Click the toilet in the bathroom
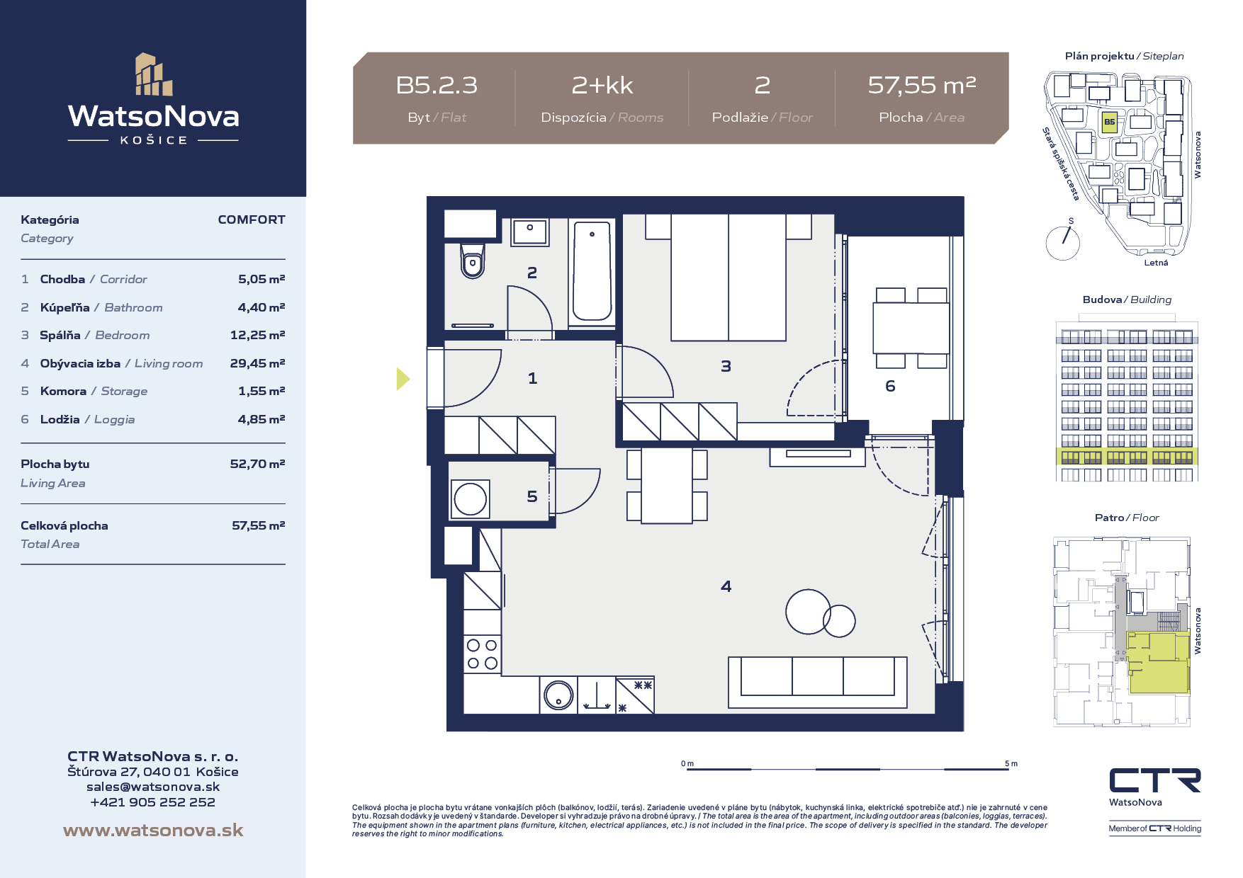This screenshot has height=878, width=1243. pos(473,261)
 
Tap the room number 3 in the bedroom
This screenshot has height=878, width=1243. pos(726,366)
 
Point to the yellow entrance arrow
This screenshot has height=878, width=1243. pos(403,379)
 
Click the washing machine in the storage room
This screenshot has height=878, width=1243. pos(470,498)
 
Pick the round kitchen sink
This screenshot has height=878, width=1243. pos(558,695)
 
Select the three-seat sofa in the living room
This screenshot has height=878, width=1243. pos(817,682)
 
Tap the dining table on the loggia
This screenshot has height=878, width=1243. pos(911,328)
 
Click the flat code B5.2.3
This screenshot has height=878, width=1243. pos(437,85)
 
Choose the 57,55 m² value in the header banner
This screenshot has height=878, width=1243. pos(922,85)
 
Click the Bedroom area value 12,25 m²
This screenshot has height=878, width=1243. pos(257,335)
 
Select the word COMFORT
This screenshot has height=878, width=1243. pos(252,219)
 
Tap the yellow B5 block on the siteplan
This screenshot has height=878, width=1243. pos(1110,122)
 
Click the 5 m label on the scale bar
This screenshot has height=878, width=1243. pos(1011,763)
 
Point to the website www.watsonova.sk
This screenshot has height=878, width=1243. pos(153,830)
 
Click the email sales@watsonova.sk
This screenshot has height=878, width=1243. pos(153,787)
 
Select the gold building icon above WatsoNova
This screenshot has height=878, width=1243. pos(154,74)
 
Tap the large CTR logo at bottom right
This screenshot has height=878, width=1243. pos(1155,780)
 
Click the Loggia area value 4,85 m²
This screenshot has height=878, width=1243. pos(261,419)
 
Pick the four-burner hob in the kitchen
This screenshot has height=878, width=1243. pos(482,654)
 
